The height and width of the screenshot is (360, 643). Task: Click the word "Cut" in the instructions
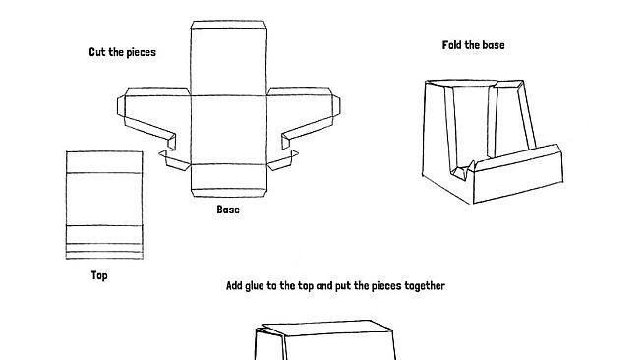(x=97, y=52)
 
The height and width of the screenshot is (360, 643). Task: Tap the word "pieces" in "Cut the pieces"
(x=141, y=53)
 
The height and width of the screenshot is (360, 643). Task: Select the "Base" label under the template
(x=228, y=210)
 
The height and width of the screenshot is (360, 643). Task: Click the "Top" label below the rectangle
(x=99, y=275)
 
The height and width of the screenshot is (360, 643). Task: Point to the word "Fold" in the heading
(x=451, y=45)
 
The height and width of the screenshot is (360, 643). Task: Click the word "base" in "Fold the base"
(x=493, y=45)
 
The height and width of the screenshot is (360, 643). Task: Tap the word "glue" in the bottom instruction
(x=255, y=286)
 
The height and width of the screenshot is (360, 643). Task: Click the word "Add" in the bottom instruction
(x=234, y=286)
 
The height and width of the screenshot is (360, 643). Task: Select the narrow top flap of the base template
(x=229, y=25)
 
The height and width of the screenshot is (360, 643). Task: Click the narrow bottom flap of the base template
(x=229, y=193)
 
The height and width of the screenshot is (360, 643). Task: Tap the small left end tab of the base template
(x=121, y=106)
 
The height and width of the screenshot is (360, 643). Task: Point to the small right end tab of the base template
(x=336, y=106)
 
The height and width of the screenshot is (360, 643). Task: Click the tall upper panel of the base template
(x=229, y=62)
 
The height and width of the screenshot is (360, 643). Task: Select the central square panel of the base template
(x=229, y=130)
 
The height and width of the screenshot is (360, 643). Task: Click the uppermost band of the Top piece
(x=104, y=162)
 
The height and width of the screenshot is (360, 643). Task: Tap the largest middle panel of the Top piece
(x=104, y=200)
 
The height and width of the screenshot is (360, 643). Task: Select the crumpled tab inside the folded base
(x=462, y=170)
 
